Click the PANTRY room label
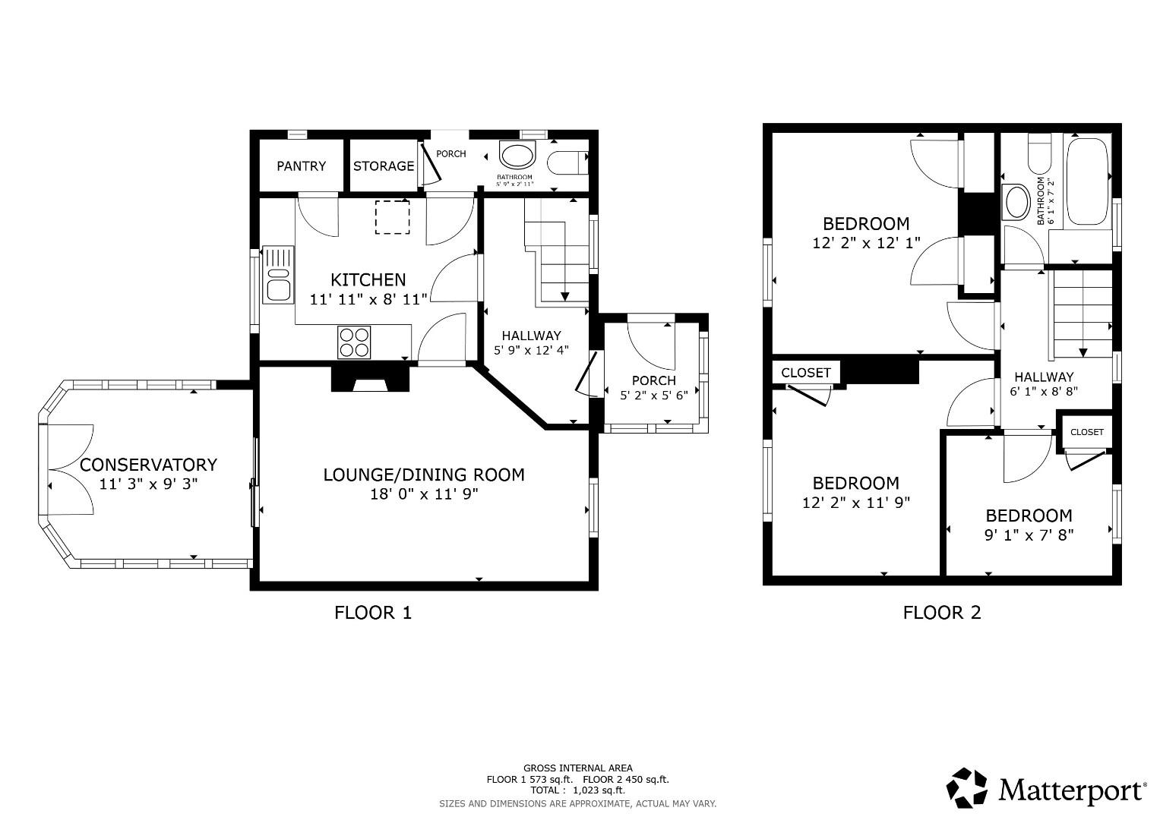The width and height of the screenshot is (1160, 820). click(x=301, y=166)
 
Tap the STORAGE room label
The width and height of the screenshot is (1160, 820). click(x=384, y=166)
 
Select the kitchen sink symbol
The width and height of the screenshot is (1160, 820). click(x=278, y=275)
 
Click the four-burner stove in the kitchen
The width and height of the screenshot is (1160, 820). click(x=354, y=342)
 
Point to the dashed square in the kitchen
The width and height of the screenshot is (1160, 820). click(x=392, y=217)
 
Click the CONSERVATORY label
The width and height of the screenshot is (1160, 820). click(x=149, y=465)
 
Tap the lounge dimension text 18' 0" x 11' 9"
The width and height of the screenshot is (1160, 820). click(x=423, y=494)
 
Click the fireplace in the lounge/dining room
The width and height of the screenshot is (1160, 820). click(x=371, y=379)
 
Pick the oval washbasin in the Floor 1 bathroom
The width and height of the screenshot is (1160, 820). click(x=517, y=157)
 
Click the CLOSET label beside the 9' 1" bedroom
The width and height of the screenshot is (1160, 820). click(x=1086, y=432)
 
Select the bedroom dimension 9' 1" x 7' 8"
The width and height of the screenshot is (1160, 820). click(x=1029, y=535)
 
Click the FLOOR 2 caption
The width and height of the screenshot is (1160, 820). click(x=941, y=613)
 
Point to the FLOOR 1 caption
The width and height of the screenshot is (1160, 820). click(x=373, y=613)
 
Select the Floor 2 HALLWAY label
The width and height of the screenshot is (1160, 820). click(x=1043, y=377)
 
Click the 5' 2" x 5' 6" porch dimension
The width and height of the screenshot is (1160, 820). click(x=653, y=396)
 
